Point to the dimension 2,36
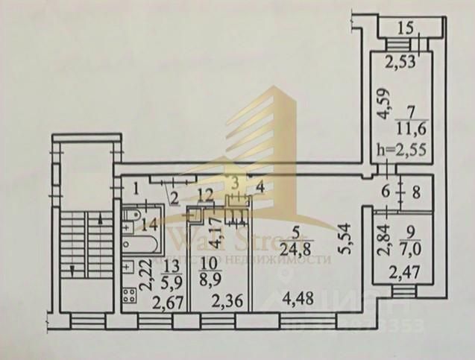pos(223,301)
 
